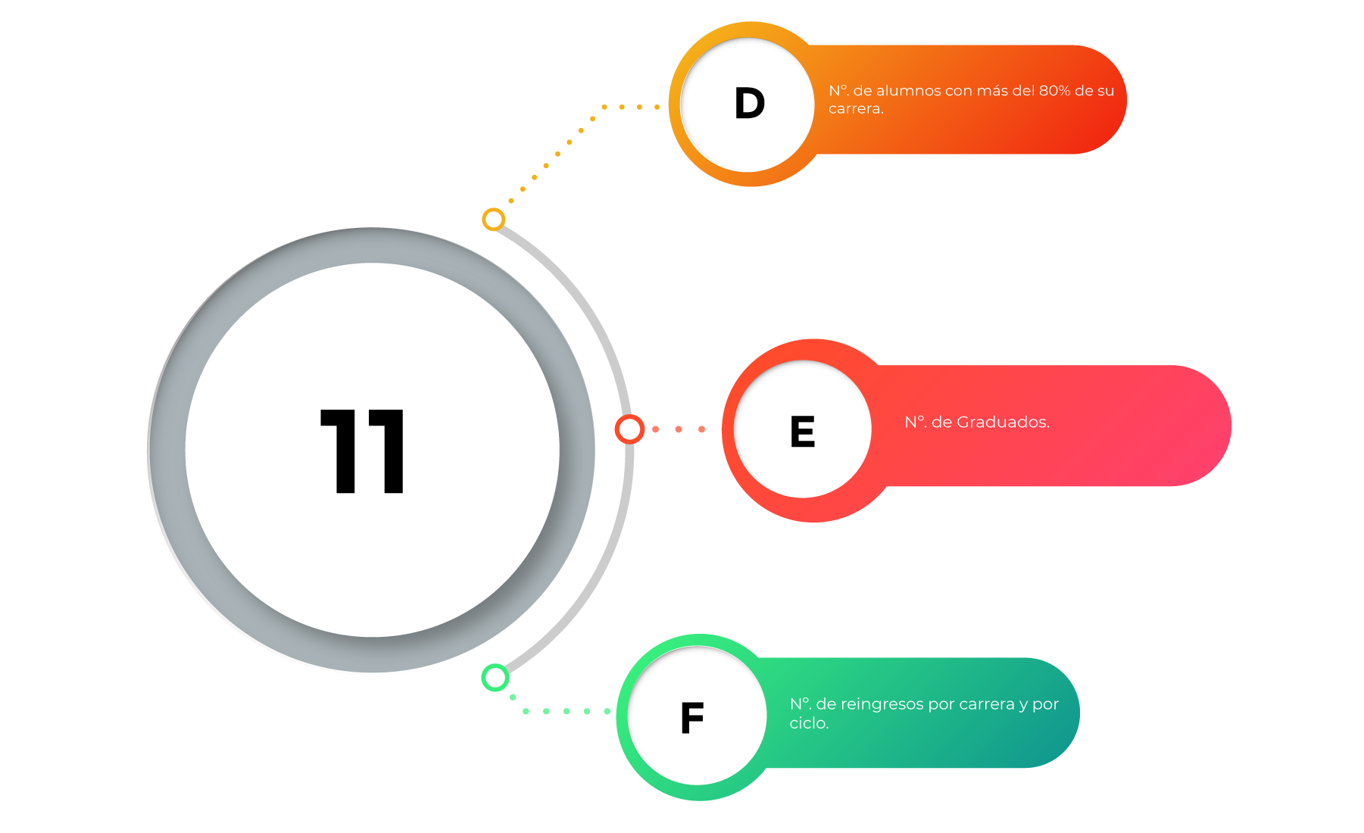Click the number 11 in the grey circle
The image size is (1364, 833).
tap(363, 451)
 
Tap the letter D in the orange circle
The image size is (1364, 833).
tap(750, 103)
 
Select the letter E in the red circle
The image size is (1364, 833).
tap(803, 431)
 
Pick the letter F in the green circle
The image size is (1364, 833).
tap(692, 718)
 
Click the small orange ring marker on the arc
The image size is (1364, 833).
tap(494, 220)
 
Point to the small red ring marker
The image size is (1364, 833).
tap(629, 429)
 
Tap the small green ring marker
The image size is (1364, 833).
tap(495, 678)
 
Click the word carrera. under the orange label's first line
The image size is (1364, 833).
tap(856, 109)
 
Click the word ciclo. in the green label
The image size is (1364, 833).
tap(809, 723)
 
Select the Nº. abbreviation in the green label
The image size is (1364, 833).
tap(801, 704)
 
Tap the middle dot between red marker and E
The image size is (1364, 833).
tap(679, 429)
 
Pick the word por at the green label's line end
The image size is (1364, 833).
tap(1046, 705)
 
